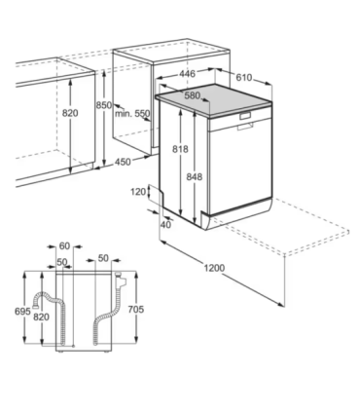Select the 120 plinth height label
click(137, 192)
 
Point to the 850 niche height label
click(103, 105)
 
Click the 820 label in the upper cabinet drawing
click(70, 112)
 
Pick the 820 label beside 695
click(40, 318)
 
